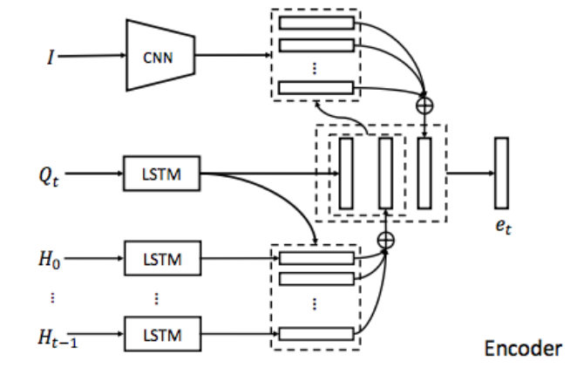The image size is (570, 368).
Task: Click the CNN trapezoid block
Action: tap(160, 55)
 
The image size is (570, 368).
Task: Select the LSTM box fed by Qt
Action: tap(162, 174)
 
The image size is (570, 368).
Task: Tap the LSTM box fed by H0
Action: tap(162, 258)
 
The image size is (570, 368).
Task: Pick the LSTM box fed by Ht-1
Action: tap(162, 334)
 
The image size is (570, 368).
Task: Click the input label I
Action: tap(51, 57)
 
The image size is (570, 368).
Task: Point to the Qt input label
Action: tap(49, 176)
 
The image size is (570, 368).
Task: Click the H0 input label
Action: tap(50, 260)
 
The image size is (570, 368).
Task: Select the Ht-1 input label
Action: tap(58, 337)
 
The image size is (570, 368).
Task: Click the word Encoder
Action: tap(523, 348)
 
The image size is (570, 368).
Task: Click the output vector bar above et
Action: tap(502, 173)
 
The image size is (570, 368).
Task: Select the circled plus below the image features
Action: tap(424, 106)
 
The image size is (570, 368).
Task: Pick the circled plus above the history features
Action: tap(386, 241)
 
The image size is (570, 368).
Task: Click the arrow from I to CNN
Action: tap(92, 56)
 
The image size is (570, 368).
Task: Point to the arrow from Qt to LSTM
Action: tap(94, 173)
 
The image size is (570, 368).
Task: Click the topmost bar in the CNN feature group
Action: tap(316, 23)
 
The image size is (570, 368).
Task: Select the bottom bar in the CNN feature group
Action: tap(316, 88)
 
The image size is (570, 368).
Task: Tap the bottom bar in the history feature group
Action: tap(316, 334)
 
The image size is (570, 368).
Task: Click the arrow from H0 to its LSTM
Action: tap(94, 258)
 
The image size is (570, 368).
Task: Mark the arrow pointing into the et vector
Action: tap(471, 173)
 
